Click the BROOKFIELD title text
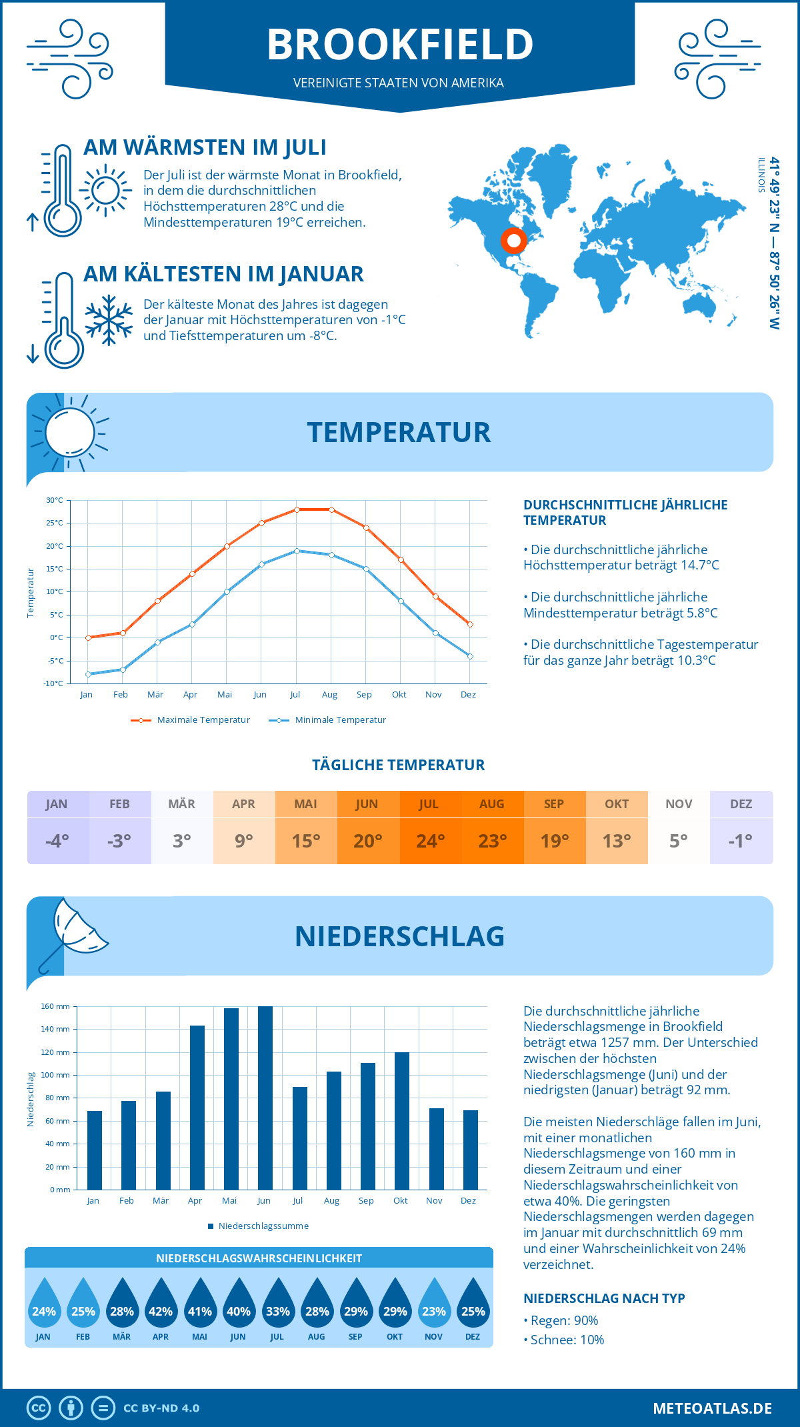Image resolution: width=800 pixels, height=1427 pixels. pyautogui.click(x=400, y=44)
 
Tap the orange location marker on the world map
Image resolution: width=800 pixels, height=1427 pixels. pyautogui.click(x=513, y=240)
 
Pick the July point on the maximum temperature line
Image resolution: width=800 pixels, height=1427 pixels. pyautogui.click(x=297, y=509)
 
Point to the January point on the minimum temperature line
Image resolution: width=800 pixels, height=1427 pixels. pyautogui.click(x=88, y=674)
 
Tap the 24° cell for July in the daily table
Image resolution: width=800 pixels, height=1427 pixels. pyautogui.click(x=430, y=841)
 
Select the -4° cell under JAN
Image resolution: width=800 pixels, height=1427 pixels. pyautogui.click(x=57, y=841)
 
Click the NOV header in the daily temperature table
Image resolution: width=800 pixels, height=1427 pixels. pyautogui.click(x=679, y=804)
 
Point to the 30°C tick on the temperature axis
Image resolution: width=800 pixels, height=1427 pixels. pyautogui.click(x=55, y=500)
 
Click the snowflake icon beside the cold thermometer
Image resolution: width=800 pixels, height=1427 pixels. pyautogui.click(x=109, y=320)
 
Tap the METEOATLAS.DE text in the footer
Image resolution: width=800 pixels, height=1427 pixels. pyautogui.click(x=712, y=1408)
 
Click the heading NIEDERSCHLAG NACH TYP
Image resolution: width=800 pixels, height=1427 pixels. pyautogui.click(x=604, y=1298)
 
